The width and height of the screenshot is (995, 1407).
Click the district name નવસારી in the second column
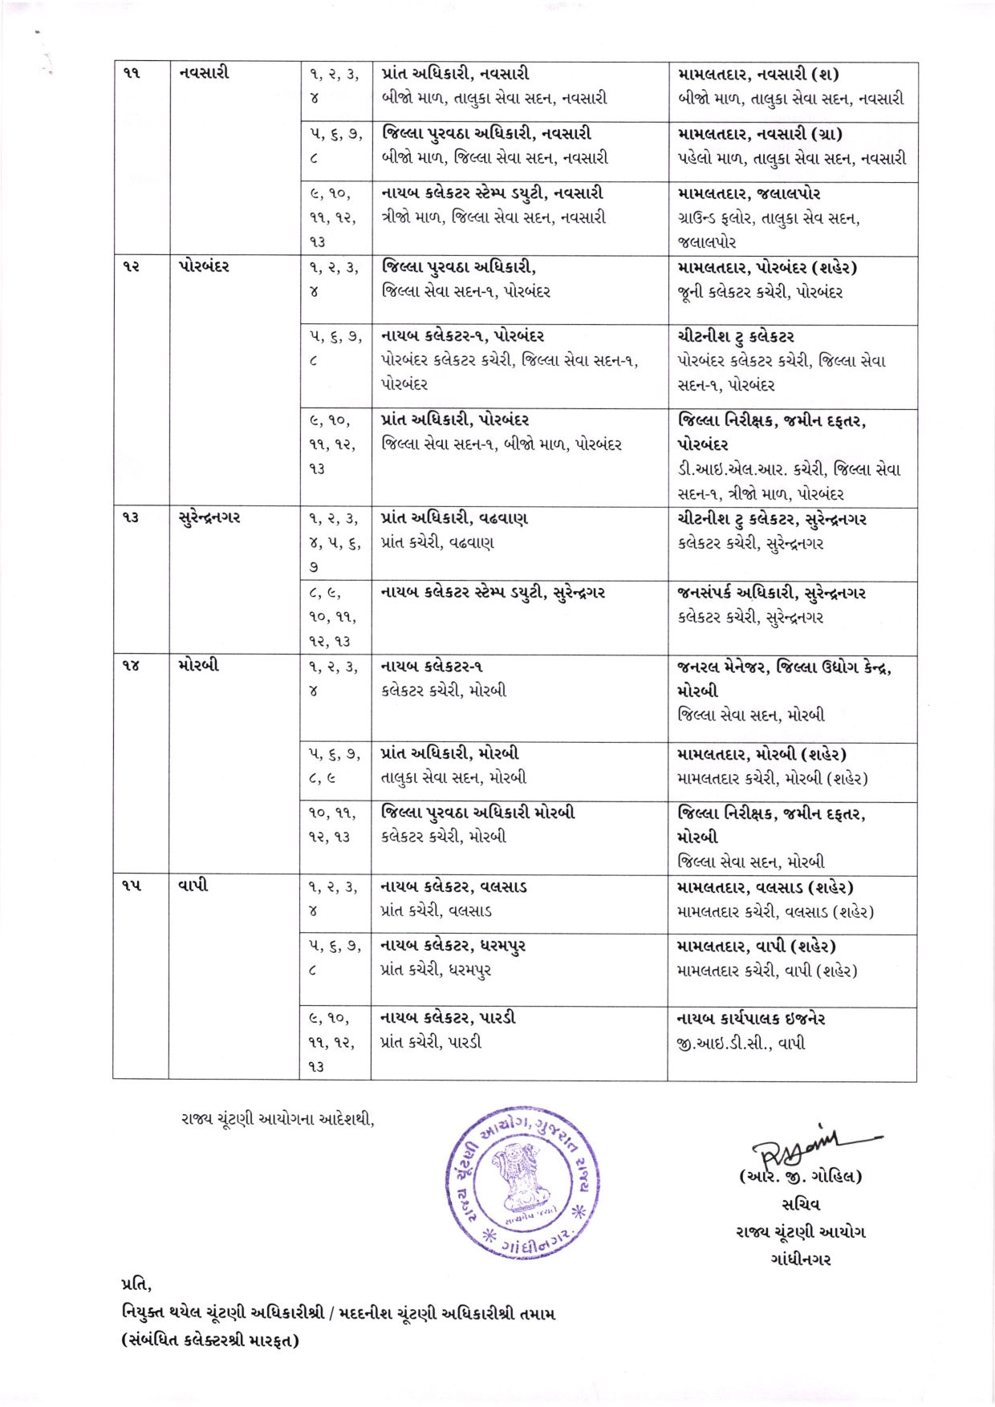click(204, 73)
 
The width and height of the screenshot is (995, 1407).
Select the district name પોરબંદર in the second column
click(204, 266)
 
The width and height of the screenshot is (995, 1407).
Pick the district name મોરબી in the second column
click(198, 665)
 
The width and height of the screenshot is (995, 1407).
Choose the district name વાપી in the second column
click(193, 886)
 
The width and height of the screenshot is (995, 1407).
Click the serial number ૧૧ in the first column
click(132, 73)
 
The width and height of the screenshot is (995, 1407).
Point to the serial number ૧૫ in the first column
click(132, 886)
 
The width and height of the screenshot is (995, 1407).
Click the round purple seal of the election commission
click(523, 1181)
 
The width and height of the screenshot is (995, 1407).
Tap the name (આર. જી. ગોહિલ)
click(800, 1177)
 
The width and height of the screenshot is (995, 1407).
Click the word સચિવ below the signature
click(800, 1204)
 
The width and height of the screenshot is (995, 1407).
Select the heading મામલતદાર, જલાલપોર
click(749, 193)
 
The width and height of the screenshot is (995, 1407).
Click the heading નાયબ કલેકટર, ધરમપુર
click(453, 946)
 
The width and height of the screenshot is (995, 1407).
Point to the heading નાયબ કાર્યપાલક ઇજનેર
click(751, 1019)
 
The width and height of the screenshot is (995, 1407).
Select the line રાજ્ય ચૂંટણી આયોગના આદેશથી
click(278, 1118)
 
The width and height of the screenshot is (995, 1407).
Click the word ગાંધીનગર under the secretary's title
click(800, 1259)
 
